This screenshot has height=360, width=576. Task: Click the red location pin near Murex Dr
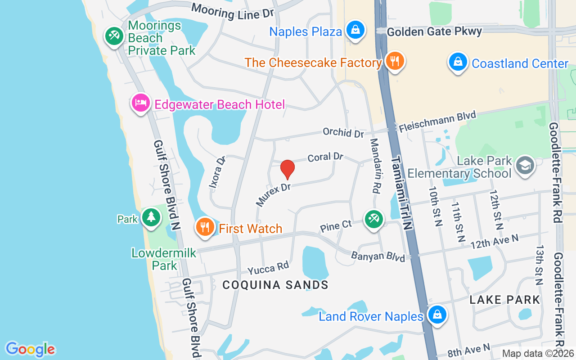point(287,169)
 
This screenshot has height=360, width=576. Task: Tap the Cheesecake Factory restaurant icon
point(395,61)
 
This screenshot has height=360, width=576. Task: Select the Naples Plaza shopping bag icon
point(355,31)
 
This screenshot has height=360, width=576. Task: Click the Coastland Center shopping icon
point(458,63)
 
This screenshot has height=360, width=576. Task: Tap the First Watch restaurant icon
point(205,227)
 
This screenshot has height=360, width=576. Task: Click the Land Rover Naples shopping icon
point(436,315)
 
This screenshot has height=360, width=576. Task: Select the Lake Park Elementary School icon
point(525,166)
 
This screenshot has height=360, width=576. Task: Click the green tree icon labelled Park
point(151,218)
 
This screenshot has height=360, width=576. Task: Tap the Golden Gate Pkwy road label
point(434,31)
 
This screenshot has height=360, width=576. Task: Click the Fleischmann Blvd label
point(437,121)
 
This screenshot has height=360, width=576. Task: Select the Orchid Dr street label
point(343,133)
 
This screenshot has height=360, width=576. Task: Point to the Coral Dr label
point(325,157)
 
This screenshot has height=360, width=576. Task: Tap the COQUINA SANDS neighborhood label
point(275,285)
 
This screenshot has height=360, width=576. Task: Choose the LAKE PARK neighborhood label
point(504,300)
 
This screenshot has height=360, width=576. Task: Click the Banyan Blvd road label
point(378,256)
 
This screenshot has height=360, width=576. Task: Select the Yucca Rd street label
point(268,268)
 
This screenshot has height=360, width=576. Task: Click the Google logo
point(30,349)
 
